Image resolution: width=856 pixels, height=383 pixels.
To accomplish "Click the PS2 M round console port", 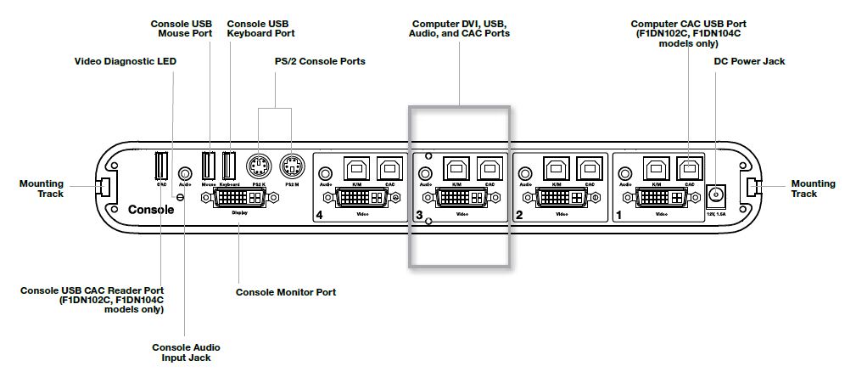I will pyautogui.click(x=291, y=165).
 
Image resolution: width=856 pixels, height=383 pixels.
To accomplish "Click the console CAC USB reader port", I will pyautogui.click(x=161, y=165).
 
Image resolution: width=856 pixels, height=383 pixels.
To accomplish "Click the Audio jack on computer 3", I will pyautogui.click(x=426, y=173).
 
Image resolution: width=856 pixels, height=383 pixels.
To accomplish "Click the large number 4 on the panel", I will pyautogui.click(x=319, y=215).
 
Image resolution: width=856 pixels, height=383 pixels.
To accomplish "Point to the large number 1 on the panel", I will pyautogui.click(x=618, y=215).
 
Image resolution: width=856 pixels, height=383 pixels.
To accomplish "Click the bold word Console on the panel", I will pyautogui.click(x=151, y=209).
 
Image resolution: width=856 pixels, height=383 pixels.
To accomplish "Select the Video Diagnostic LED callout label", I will pyautogui.click(x=120, y=60).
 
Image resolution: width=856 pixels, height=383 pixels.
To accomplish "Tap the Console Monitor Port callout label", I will pyautogui.click(x=285, y=292).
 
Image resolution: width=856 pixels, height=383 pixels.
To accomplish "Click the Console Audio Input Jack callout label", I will pyautogui.click(x=186, y=352).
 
